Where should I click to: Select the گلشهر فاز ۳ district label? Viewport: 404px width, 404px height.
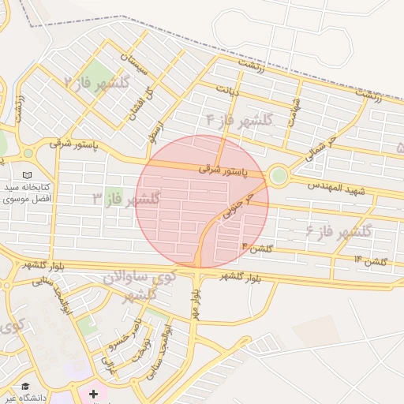[x=126, y=197]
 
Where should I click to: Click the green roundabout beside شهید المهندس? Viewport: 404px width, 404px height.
[x=278, y=175]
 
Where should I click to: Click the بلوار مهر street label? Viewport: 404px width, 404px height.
[x=194, y=303]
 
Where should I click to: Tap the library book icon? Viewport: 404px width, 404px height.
[x=28, y=174]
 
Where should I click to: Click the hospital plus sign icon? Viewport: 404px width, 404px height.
[x=94, y=392]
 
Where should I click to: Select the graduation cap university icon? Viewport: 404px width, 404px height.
[x=26, y=387]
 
